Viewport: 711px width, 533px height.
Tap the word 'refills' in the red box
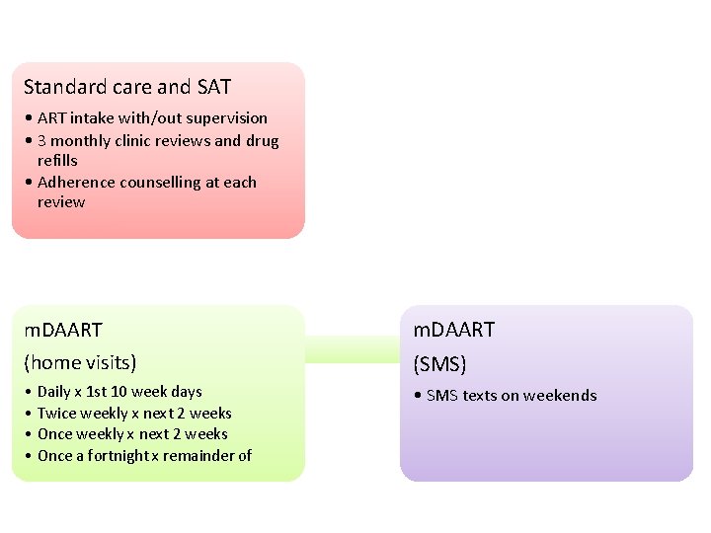click(x=57, y=160)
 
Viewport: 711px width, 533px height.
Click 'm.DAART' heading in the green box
click(x=63, y=330)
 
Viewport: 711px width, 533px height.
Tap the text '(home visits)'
click(x=80, y=362)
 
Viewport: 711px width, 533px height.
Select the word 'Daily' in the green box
click(x=55, y=392)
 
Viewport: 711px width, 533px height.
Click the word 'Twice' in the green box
click(x=56, y=413)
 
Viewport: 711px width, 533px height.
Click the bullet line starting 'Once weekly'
click(x=132, y=433)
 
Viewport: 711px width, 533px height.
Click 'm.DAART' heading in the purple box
click(x=453, y=330)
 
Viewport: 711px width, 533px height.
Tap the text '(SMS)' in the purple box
click(x=438, y=364)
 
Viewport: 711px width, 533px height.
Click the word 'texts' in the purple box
click(x=479, y=395)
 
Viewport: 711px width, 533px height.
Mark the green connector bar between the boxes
click(x=352, y=348)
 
